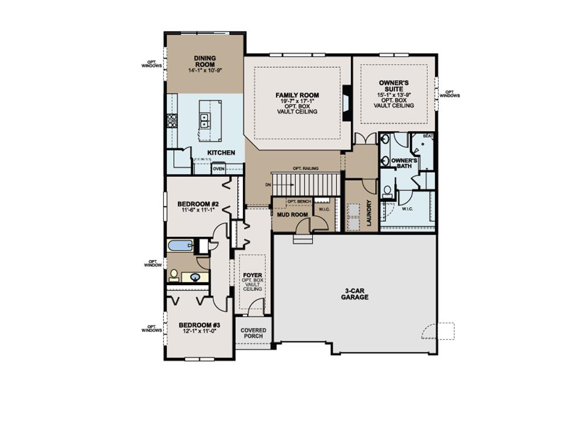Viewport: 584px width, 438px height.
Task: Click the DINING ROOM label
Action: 204,61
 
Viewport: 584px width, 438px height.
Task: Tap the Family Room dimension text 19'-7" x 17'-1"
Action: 297,101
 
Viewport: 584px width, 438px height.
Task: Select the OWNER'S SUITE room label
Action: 394,86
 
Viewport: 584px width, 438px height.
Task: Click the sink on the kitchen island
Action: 204,120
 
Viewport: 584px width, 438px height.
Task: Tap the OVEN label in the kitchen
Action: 218,169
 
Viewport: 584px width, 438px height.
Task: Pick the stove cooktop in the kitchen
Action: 172,120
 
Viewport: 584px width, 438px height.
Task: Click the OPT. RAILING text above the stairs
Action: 305,169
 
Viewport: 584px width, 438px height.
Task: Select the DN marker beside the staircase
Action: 268,185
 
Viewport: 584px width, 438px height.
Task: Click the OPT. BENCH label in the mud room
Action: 299,202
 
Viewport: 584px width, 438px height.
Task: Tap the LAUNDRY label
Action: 369,212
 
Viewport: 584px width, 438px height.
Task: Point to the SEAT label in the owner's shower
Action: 428,136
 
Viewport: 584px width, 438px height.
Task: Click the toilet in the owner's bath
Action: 387,191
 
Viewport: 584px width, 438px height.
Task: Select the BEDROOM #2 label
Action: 198,204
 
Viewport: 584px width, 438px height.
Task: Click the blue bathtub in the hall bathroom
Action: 181,246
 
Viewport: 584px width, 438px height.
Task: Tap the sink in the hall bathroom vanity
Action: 196,278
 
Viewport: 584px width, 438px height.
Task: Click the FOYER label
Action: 253,275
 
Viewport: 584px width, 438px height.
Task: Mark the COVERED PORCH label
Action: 253,333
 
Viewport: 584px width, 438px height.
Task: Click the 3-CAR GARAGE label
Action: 355,294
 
